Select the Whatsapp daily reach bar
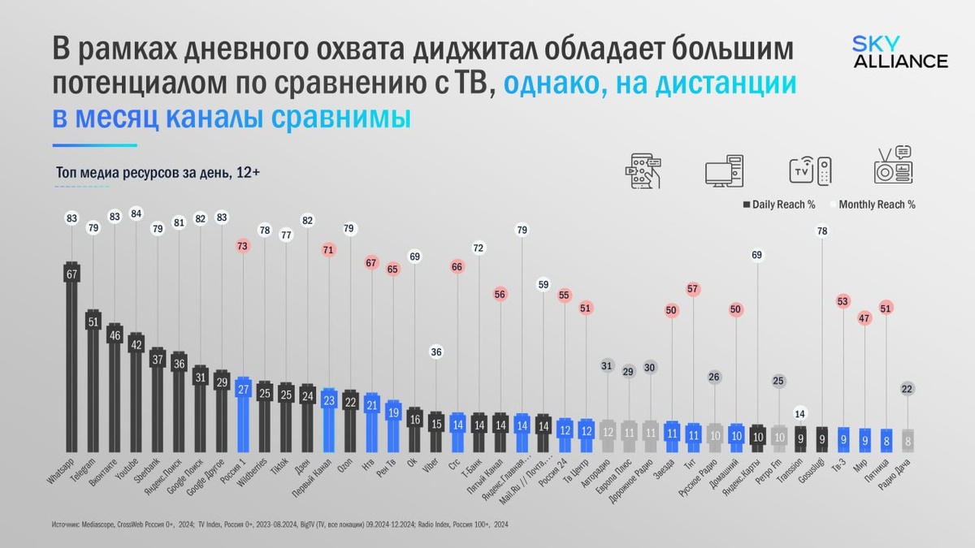[x=71, y=357]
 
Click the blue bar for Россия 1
[x=242, y=414]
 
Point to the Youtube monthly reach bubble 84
[x=136, y=214]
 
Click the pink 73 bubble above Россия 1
[x=242, y=245]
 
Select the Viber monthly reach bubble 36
[x=435, y=352]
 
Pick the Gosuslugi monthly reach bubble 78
[x=821, y=231]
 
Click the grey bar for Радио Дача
[x=908, y=440]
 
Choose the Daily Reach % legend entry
[x=779, y=205]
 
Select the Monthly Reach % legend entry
[x=876, y=205]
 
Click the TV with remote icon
[x=810, y=169]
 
